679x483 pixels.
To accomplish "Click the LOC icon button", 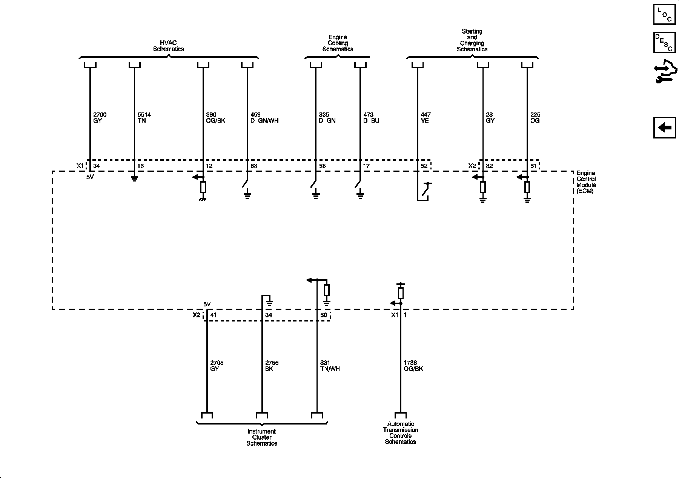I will click(664, 14).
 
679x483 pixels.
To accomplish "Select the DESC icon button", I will click(664, 42).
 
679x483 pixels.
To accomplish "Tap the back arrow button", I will click(664, 128).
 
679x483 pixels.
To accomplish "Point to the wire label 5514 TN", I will click(142, 118).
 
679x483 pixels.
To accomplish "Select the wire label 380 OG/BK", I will click(216, 118).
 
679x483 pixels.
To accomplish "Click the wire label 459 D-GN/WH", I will click(264, 118).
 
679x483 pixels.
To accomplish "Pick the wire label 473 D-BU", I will click(371, 118).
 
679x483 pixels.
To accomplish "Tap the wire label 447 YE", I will click(426, 118).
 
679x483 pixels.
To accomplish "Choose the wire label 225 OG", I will click(535, 118).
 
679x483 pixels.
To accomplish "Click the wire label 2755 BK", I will click(272, 366).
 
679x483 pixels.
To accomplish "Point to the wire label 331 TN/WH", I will click(330, 366).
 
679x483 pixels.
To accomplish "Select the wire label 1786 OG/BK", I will click(413, 366).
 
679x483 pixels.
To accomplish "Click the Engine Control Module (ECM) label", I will click(586, 182).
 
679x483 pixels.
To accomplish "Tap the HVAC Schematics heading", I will click(168, 46).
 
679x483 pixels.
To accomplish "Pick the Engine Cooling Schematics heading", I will click(338, 43).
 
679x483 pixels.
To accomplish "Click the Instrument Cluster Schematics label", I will click(262, 437).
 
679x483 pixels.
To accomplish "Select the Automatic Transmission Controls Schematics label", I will click(400, 433).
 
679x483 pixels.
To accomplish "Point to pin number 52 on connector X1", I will click(424, 166).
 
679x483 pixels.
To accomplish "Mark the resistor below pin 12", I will click(203, 187).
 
